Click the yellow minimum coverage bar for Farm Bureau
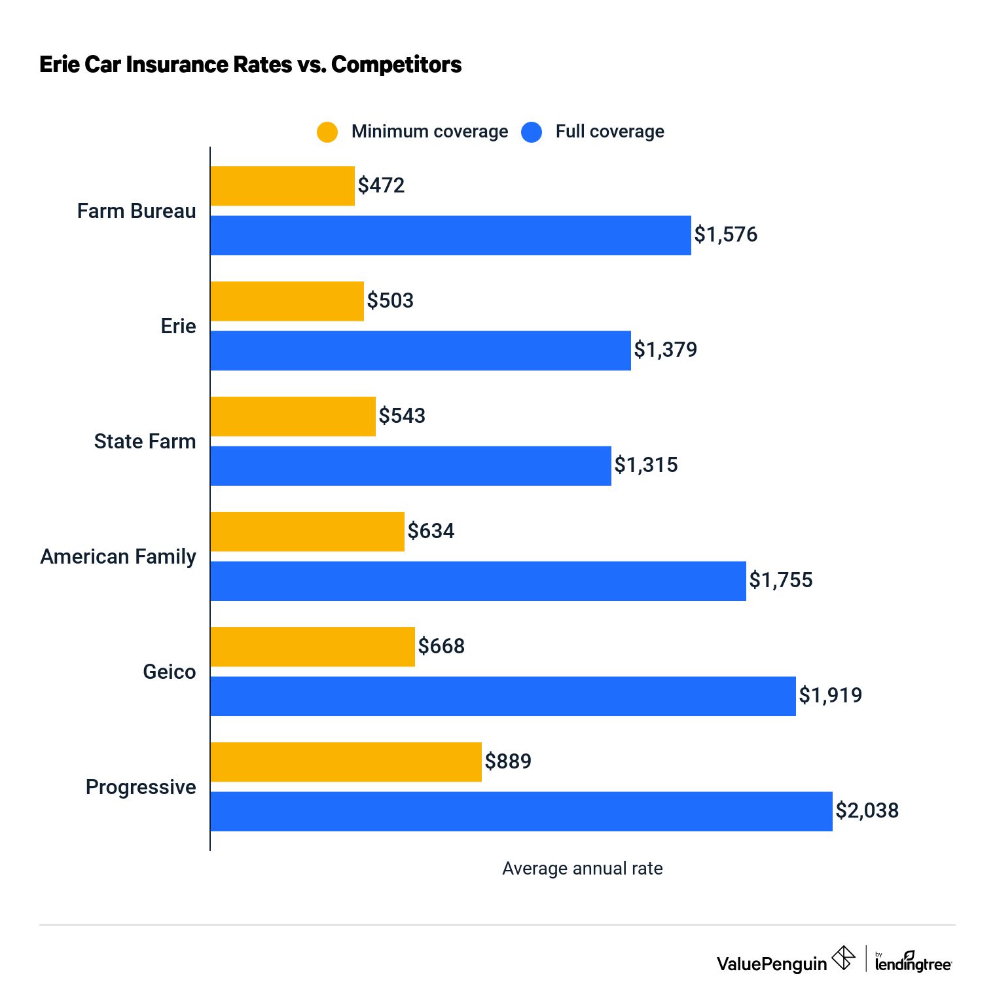282,186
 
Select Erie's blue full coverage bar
420,351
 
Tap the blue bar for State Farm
410,466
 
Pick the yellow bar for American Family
307,532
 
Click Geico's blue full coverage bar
503,696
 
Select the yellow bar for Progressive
346,762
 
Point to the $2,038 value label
867,810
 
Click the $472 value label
381,185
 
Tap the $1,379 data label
665,350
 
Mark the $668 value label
441,646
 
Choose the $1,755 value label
780,580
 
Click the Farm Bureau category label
136,211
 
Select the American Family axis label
118,556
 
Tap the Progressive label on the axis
141,787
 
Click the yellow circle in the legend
327,132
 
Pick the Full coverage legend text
609,132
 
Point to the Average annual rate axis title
582,868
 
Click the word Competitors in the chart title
396,64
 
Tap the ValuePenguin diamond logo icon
843,958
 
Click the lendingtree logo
913,962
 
